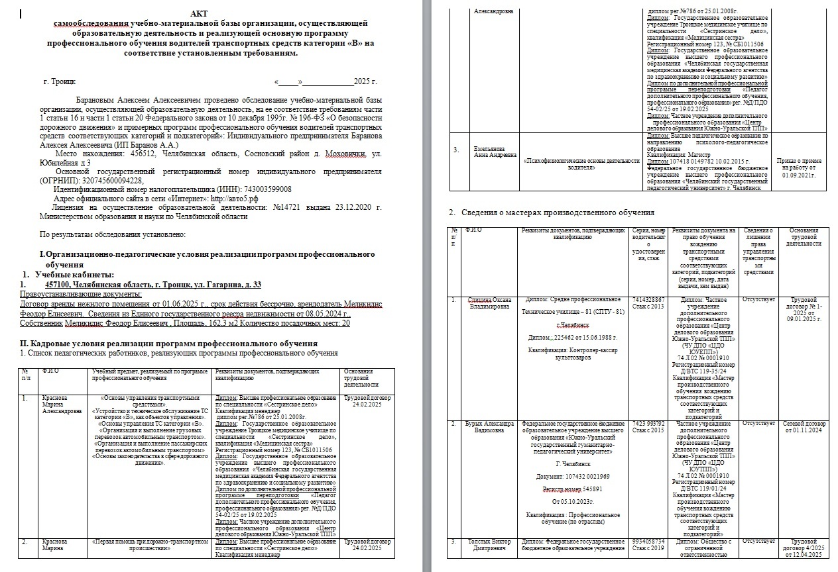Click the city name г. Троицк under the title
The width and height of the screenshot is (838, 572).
[x=60, y=82]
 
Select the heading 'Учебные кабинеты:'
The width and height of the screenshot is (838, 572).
[x=74, y=275]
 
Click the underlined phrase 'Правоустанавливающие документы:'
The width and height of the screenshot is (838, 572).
[x=91, y=294]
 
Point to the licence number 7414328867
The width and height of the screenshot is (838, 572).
[x=648, y=300]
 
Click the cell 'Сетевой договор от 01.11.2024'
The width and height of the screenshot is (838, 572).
[x=804, y=426]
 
